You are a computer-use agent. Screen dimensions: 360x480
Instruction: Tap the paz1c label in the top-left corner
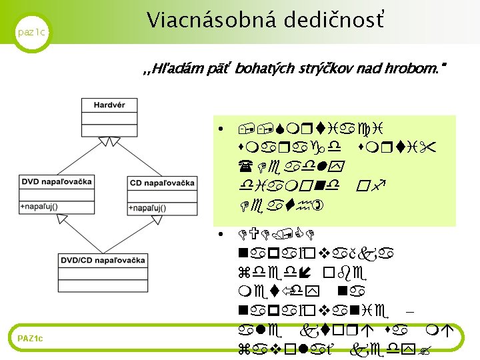tap(31, 32)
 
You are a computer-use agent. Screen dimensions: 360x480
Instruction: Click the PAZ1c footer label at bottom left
tap(31, 339)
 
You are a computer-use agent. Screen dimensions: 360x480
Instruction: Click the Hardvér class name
tap(109, 105)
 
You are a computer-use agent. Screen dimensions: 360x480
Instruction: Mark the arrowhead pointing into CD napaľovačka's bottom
tap(163, 221)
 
